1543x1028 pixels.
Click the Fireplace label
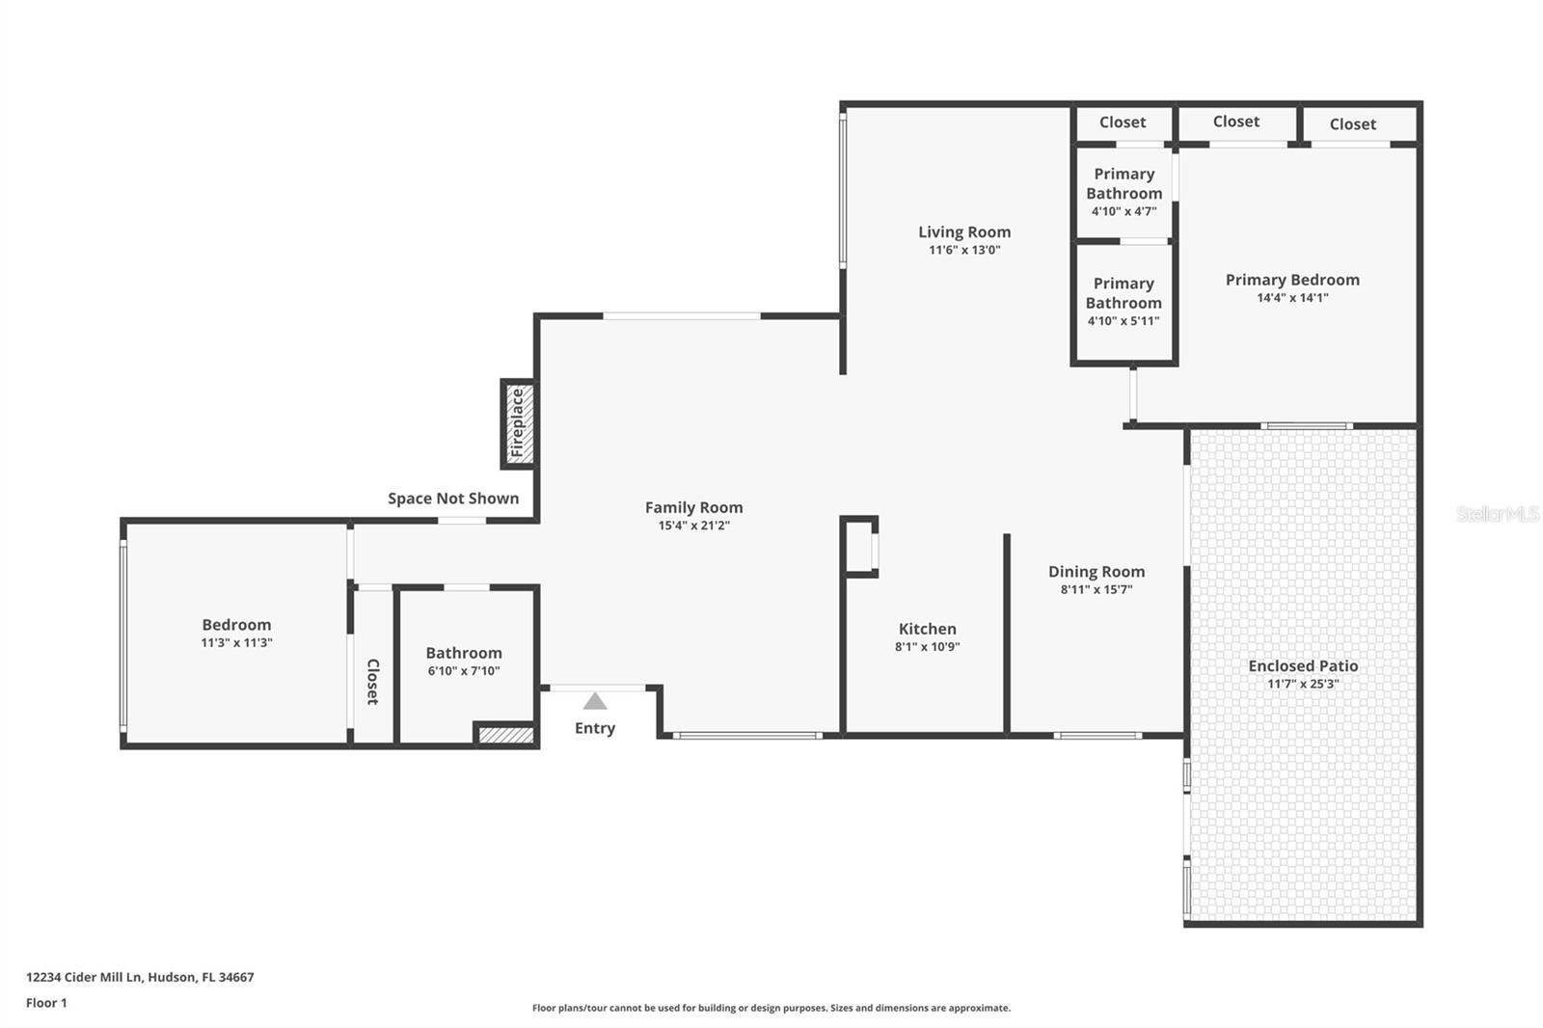[517, 423]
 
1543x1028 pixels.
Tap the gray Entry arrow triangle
[595, 701]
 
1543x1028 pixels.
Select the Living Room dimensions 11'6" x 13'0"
[964, 250]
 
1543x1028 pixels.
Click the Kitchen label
[927, 629]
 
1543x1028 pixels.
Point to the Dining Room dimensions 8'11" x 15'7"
[1096, 589]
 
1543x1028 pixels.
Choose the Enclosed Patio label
[1303, 665]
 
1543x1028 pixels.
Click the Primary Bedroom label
[1292, 280]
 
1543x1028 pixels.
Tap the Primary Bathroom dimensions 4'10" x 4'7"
[1124, 211]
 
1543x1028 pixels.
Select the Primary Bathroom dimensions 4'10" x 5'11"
[1123, 321]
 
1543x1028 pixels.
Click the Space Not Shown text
[453, 499]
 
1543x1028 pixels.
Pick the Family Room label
[693, 507]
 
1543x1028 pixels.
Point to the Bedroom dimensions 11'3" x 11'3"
[236, 643]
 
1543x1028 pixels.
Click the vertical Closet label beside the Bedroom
[372, 682]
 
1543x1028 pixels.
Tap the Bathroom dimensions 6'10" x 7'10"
[464, 671]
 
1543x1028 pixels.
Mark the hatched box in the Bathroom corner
[506, 735]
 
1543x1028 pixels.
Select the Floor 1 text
[47, 1003]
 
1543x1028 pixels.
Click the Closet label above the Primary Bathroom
[1123, 122]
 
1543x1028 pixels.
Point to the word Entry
[595, 728]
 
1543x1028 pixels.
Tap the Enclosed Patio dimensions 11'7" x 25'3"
[1303, 684]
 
